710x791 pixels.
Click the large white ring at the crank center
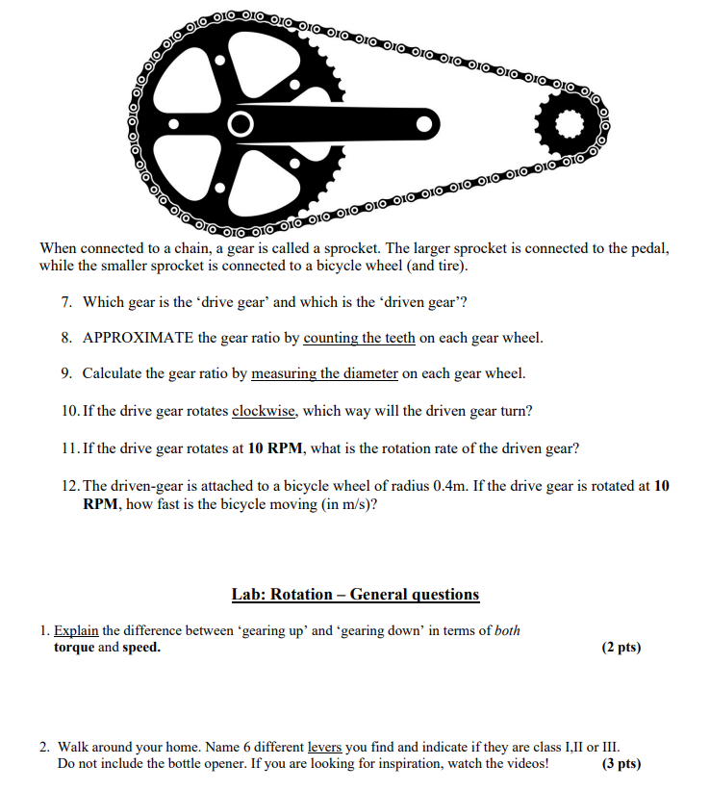241,124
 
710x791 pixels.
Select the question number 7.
66,302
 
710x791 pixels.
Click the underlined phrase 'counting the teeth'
359,338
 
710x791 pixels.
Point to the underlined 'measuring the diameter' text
324,373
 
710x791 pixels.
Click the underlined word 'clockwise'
264,411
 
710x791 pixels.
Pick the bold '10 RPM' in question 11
276,448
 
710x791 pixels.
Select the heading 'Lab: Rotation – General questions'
355,594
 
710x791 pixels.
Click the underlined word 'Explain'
76,631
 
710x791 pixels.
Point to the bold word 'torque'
74,648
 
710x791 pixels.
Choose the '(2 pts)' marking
621,648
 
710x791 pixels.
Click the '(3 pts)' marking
621,764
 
